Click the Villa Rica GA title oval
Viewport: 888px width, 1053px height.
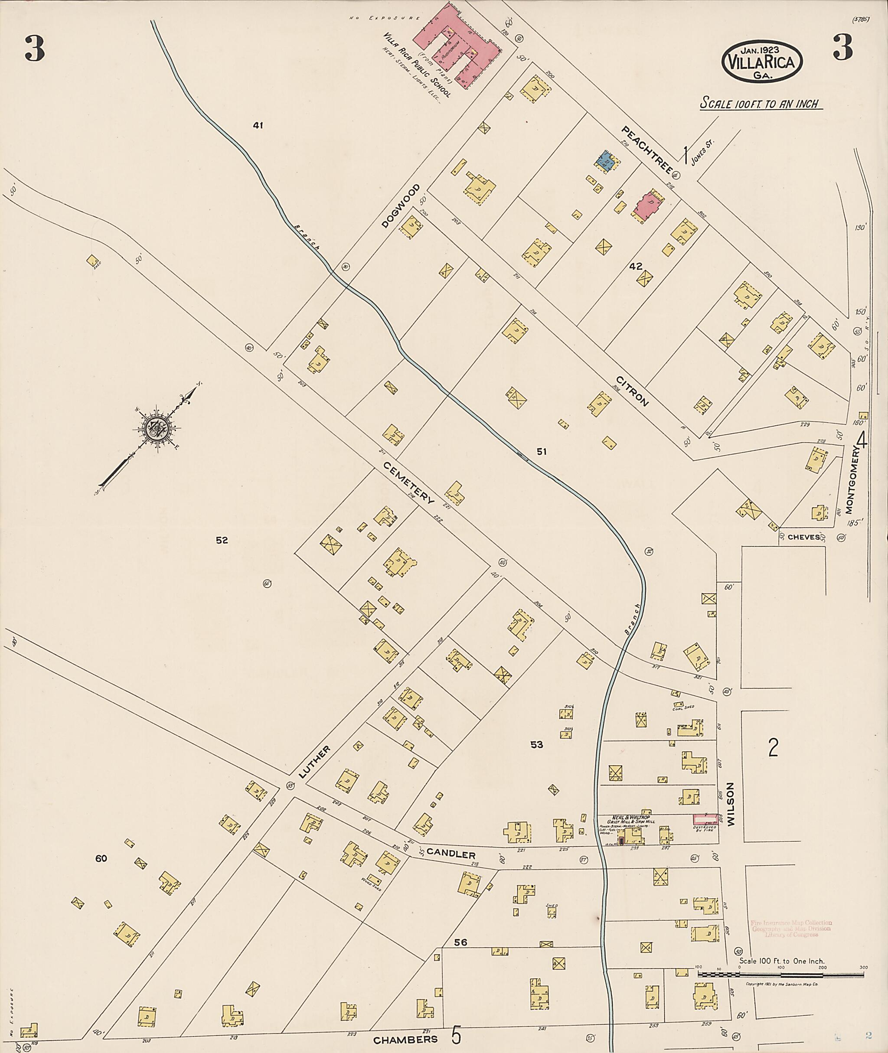tap(762, 61)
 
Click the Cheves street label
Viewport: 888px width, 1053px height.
tap(803, 537)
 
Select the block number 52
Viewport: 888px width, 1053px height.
tap(222, 540)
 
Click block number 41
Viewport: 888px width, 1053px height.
tap(258, 125)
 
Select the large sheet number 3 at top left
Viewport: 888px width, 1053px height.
tap(35, 48)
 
